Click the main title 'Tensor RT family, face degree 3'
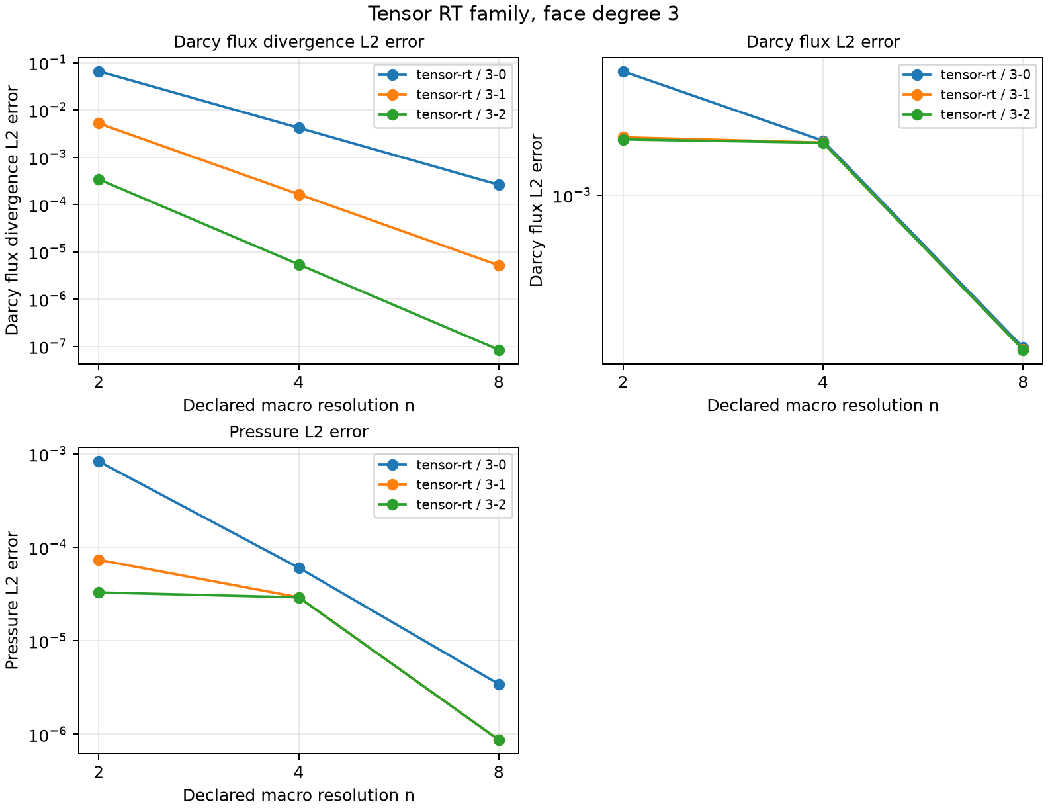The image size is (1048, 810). pos(523,13)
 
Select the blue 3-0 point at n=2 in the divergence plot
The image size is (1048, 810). pos(99,72)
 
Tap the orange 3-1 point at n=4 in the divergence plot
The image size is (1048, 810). pos(299,195)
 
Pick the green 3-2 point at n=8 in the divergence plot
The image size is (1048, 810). pos(499,350)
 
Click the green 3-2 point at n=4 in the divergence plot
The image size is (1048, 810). pos(299,265)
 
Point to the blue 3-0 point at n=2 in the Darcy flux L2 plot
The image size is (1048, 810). pos(623,72)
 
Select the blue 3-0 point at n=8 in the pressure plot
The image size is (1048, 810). pos(499,684)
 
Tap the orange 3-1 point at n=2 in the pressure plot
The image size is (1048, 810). pos(99,560)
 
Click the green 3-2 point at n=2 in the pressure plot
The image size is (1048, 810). pos(99,592)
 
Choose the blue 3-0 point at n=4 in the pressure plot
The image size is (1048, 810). pos(299,568)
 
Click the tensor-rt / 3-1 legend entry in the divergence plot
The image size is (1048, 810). pos(442,95)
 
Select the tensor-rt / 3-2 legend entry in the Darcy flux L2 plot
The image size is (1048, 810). pos(966,114)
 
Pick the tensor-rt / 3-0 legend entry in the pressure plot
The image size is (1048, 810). pos(442,465)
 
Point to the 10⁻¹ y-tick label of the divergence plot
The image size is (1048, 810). pos(48,63)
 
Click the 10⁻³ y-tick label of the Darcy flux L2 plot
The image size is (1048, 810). pos(572,195)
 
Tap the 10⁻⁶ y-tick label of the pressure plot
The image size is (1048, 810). pos(48,735)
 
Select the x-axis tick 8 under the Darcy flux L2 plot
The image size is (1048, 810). pos(1023,382)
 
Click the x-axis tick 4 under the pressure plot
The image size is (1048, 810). pos(299,772)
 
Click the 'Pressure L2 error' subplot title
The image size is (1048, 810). pos(298,431)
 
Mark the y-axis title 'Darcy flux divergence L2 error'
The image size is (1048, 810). pos(11,210)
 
